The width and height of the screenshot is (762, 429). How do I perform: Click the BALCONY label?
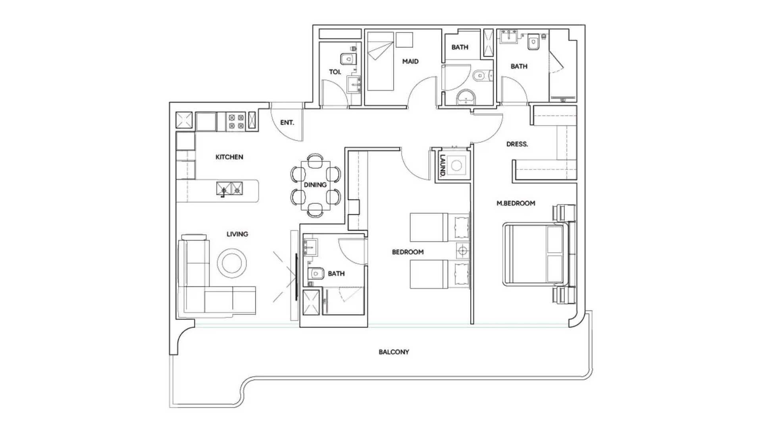point(394,352)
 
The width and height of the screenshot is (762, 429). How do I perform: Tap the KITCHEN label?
point(229,157)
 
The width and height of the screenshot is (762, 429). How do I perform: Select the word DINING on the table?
point(315,185)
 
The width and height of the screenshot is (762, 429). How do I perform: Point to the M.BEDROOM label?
point(516,203)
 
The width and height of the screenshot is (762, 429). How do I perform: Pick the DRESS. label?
point(517,144)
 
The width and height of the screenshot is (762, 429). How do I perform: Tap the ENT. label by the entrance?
point(287,122)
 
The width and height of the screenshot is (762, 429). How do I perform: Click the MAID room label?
point(410,62)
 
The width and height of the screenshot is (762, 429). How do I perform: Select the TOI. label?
point(335,72)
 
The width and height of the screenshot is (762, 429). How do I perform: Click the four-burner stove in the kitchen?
point(236,122)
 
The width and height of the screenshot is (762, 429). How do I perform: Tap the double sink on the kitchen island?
point(229,189)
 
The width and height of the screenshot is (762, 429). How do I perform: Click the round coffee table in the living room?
point(232,263)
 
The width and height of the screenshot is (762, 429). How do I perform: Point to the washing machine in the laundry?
point(456,165)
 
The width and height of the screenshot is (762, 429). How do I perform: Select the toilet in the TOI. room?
point(348,59)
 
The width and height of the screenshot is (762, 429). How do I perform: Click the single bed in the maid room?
point(380,62)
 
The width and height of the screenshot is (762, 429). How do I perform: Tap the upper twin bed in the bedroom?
point(429,227)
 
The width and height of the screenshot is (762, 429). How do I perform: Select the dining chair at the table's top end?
point(315,158)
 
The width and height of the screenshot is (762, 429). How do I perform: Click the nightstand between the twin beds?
point(462,251)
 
